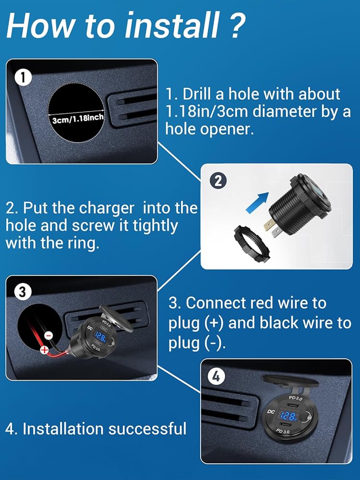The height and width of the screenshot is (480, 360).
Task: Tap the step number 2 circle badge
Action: pyautogui.click(x=218, y=181)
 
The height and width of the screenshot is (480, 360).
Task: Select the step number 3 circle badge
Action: pyautogui.click(x=23, y=292)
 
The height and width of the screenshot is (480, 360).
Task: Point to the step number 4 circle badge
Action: pyautogui.click(x=216, y=376)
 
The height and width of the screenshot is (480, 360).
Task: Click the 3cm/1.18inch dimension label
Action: pyautogui.click(x=78, y=118)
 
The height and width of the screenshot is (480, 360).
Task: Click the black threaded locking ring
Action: pyautogui.click(x=252, y=244)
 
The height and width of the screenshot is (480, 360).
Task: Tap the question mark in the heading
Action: pyautogui.click(x=236, y=25)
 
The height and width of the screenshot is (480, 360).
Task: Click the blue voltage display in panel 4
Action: pyautogui.click(x=288, y=415)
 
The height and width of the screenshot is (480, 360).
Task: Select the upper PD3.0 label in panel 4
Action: pyautogui.click(x=296, y=398)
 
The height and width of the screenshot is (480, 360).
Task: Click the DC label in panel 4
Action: pyautogui.click(x=271, y=412)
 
